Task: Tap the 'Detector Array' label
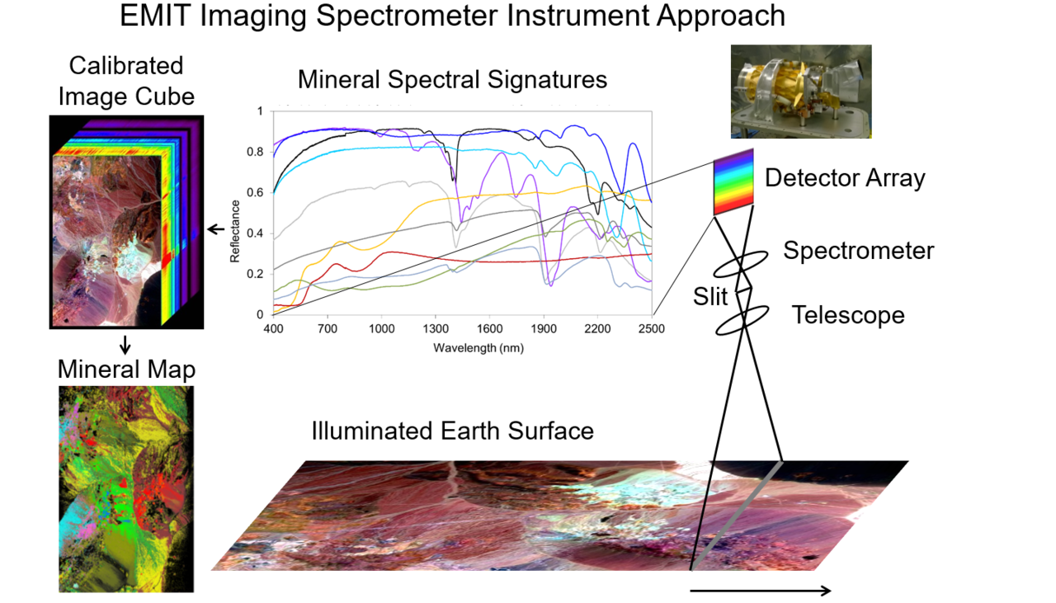[x=845, y=178]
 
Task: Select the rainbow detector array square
[x=733, y=182]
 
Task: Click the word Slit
[x=710, y=297]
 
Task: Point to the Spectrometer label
[x=859, y=250]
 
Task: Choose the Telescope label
[x=848, y=315]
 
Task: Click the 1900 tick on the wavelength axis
[x=544, y=328]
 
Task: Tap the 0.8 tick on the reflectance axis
[x=255, y=152]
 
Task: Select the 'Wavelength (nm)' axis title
[x=478, y=348]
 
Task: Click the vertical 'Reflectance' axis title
[x=235, y=231]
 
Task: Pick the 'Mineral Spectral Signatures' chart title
[x=453, y=79]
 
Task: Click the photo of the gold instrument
[x=801, y=92]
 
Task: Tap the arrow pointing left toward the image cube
[x=216, y=229]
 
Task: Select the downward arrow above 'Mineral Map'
[x=125, y=345]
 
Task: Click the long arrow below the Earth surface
[x=760, y=591]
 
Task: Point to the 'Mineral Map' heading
[x=126, y=370]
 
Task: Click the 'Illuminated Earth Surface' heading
[x=453, y=431]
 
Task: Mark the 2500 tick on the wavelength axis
[x=652, y=328]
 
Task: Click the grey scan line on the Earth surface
[x=737, y=516]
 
